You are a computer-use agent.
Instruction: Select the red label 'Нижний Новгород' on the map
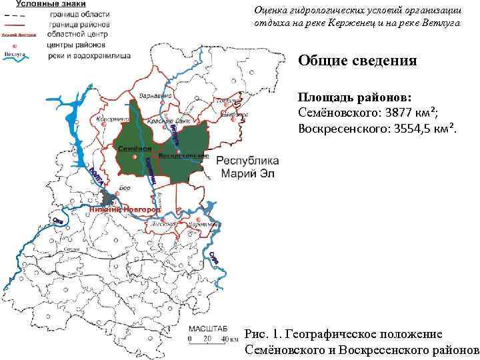click(x=125, y=209)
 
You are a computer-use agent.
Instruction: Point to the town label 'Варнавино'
click(x=156, y=95)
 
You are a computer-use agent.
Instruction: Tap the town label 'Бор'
click(x=124, y=189)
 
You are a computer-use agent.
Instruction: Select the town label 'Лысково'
click(x=163, y=225)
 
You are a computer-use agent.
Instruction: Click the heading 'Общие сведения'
click(x=357, y=61)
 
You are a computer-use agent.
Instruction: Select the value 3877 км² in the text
click(x=406, y=111)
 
